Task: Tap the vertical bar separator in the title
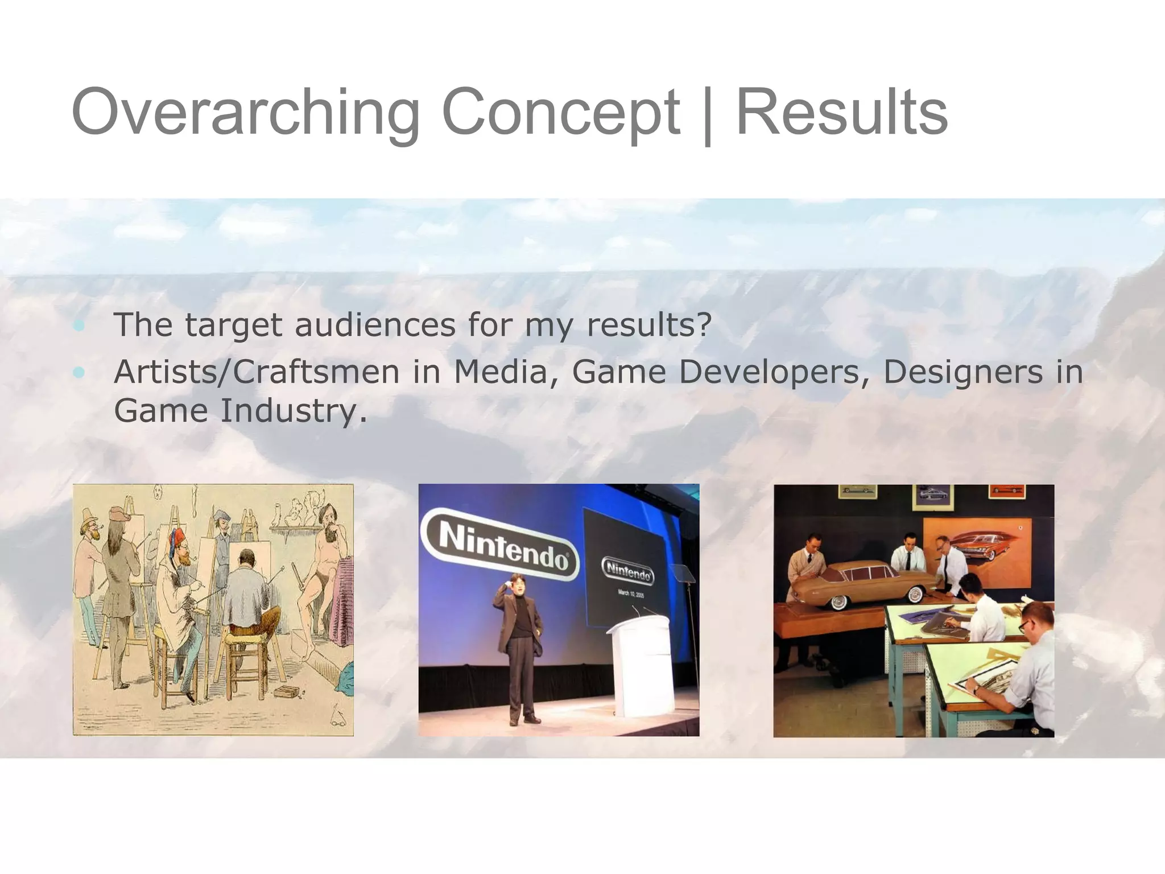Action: pos(708,116)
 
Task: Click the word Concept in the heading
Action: pos(560,113)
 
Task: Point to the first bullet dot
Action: pos(79,326)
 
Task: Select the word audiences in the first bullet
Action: pos(375,325)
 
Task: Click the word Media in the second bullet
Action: pos(501,372)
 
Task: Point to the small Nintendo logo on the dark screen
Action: pos(628,571)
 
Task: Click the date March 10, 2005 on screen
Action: pos(631,593)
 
